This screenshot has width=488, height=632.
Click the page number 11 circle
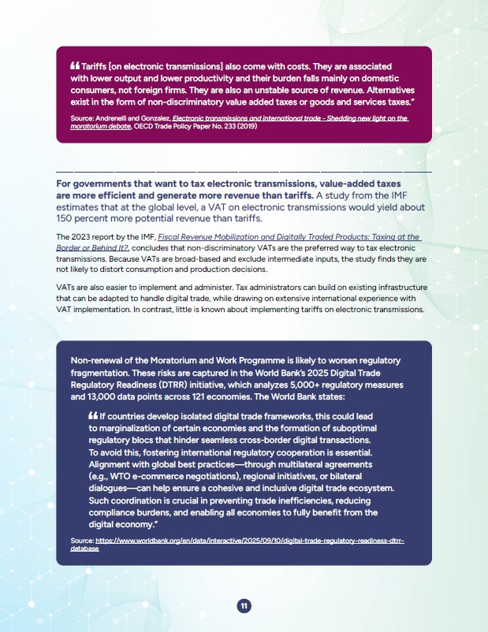coord(244,605)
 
